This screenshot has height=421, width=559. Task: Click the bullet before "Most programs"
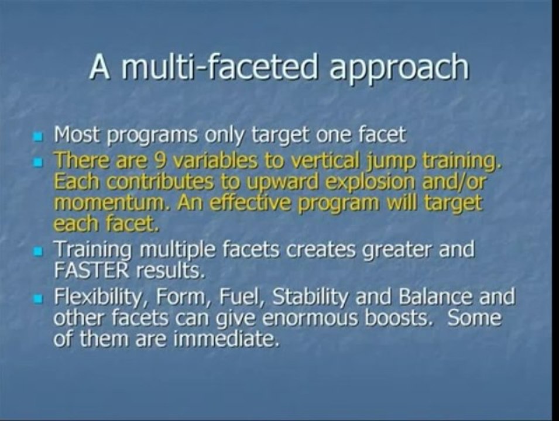point(39,138)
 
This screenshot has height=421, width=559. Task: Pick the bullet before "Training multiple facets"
point(39,252)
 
